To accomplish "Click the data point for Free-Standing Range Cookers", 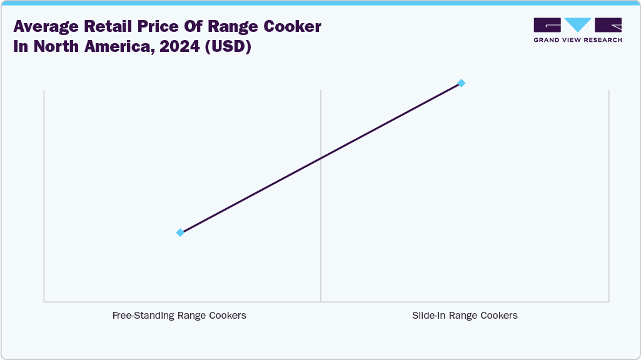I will click(x=180, y=232).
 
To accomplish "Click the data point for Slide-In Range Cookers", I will click(x=461, y=83).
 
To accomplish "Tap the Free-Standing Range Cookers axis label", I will click(x=179, y=316).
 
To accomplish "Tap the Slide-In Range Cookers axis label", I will click(x=465, y=316).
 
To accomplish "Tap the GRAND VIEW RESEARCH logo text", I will click(x=577, y=40).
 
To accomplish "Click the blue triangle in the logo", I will click(x=578, y=24).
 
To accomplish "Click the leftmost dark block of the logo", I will click(x=547, y=25).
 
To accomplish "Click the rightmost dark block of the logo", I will click(x=608, y=25).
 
